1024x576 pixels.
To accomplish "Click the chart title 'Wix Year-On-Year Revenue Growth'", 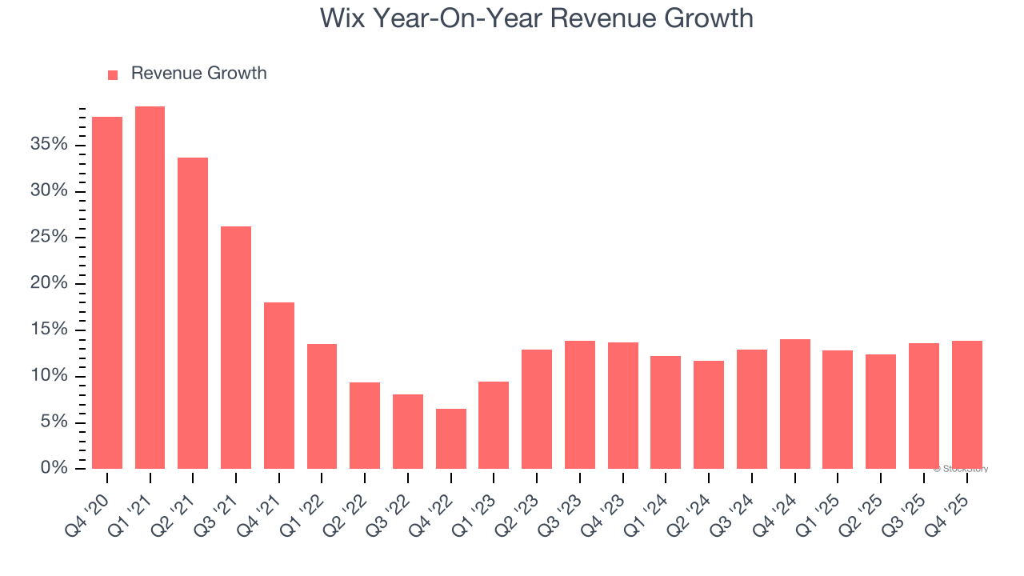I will [536, 18].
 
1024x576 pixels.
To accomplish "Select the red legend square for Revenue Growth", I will [113, 74].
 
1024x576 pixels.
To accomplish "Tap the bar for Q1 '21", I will [150, 287].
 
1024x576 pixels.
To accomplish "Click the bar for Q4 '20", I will [107, 293].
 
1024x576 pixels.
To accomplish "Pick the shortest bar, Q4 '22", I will [451, 438].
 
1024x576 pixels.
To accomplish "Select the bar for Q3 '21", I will [236, 347].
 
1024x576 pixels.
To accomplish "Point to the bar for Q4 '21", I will [279, 385].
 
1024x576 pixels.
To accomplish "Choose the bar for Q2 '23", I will [537, 409].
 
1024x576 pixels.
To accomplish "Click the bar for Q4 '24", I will [795, 404].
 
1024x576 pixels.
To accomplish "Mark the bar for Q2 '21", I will [193, 313].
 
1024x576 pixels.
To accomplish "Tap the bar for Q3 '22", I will [408, 431].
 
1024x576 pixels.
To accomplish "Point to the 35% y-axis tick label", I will [50, 145].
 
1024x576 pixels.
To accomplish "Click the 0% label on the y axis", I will [54, 468].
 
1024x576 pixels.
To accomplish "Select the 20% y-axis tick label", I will [50, 283].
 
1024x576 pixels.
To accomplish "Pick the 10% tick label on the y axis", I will [50, 376].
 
